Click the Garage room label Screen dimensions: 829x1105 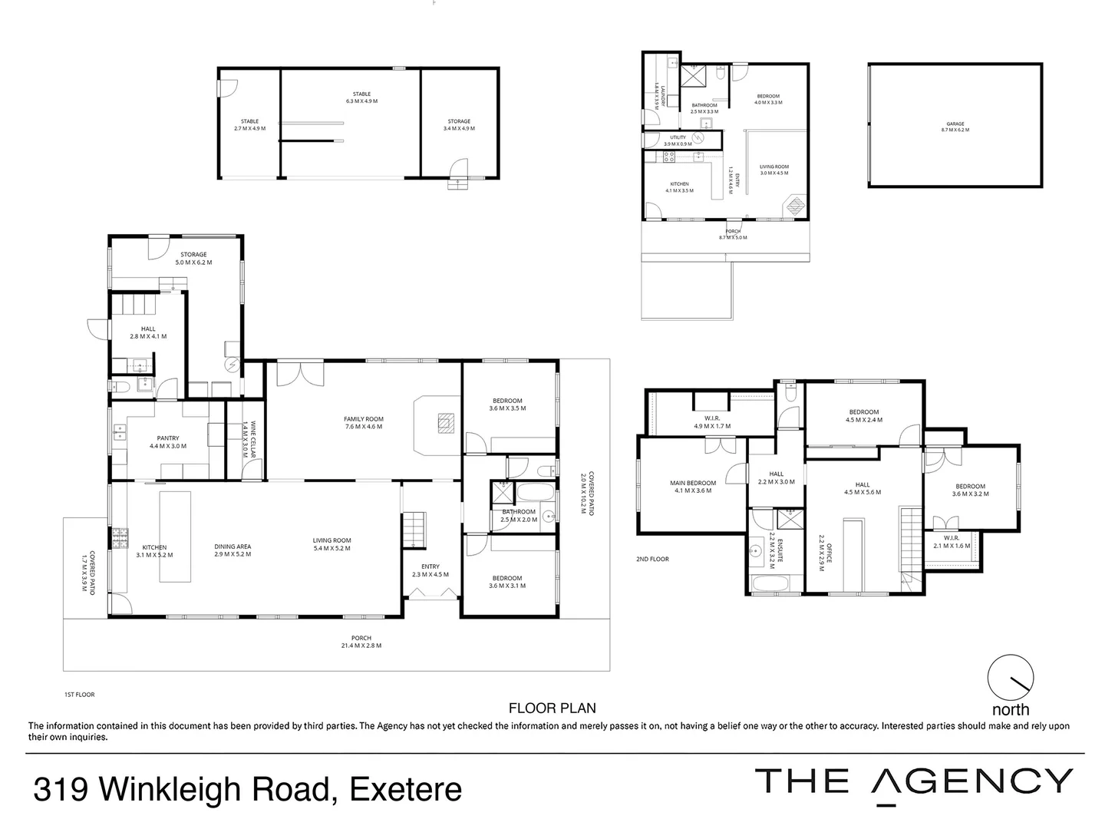[x=955, y=127]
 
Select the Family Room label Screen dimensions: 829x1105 [x=364, y=423]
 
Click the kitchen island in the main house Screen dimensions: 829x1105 [x=175, y=537]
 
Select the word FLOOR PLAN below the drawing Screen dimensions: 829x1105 [x=552, y=708]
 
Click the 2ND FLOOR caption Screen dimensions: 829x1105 [x=652, y=559]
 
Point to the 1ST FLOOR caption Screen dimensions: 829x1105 [x=79, y=695]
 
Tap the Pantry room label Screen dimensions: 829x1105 [x=167, y=442]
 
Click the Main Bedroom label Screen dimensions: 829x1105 [x=693, y=487]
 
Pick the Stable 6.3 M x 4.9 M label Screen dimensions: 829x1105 [x=361, y=97]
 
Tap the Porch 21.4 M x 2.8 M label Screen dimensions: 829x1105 [x=361, y=642]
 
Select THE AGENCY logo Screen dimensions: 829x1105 [x=913, y=781]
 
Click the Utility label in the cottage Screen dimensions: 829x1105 [x=678, y=140]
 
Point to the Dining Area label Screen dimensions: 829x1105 [x=233, y=550]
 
